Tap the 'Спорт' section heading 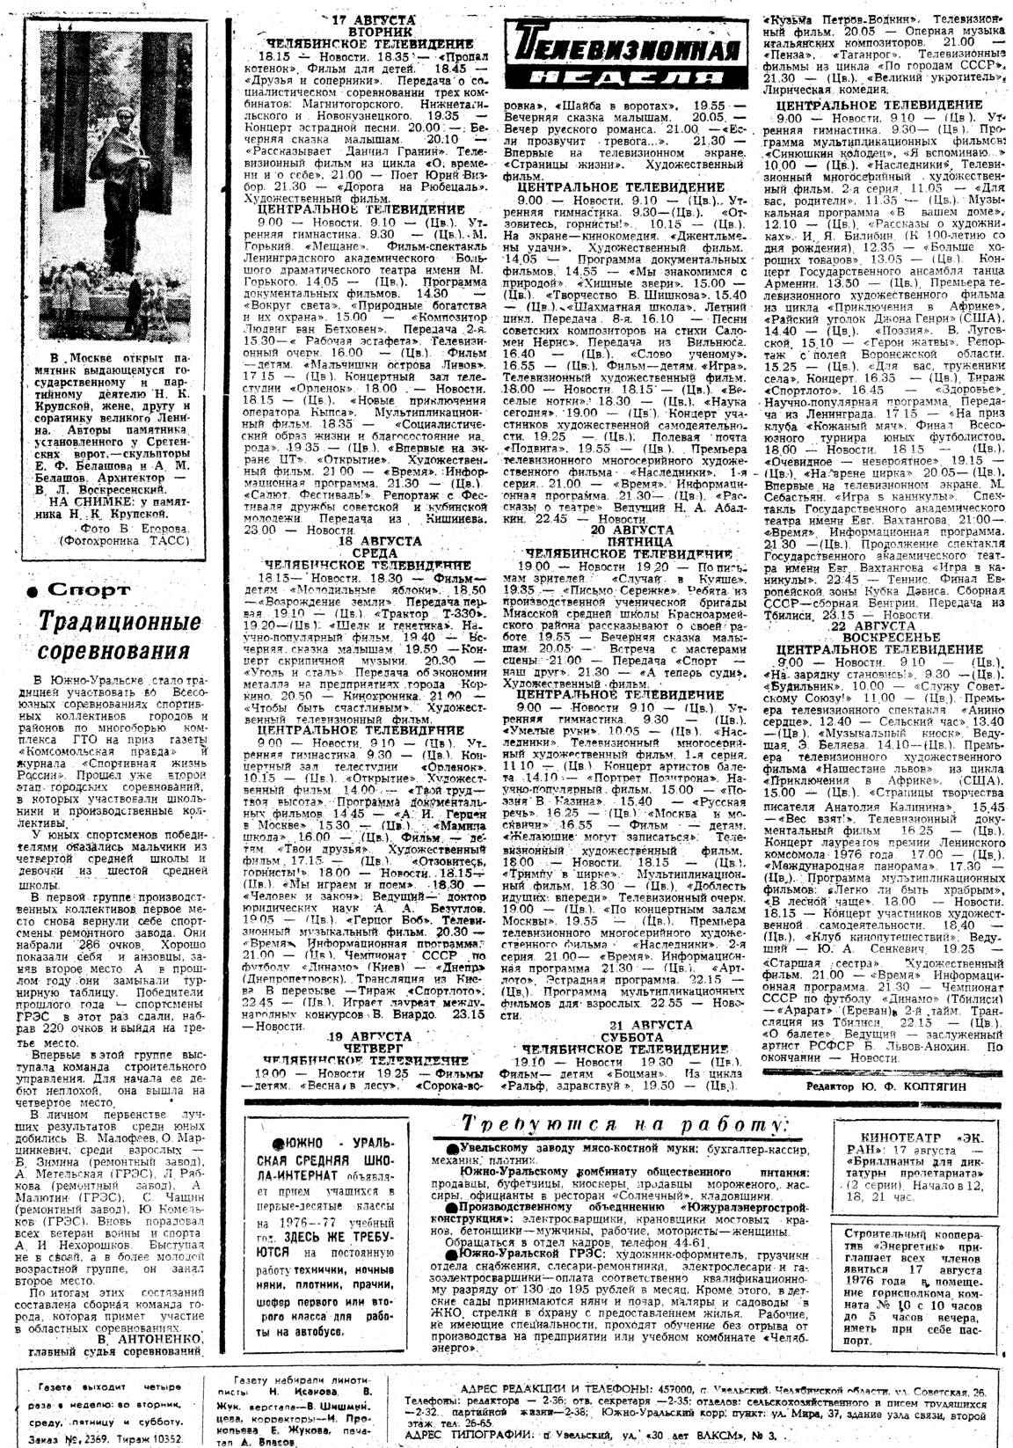[90, 589]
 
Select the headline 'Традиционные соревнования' [114, 637]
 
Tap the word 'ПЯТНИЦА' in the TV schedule [621, 542]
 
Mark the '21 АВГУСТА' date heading [621, 1026]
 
